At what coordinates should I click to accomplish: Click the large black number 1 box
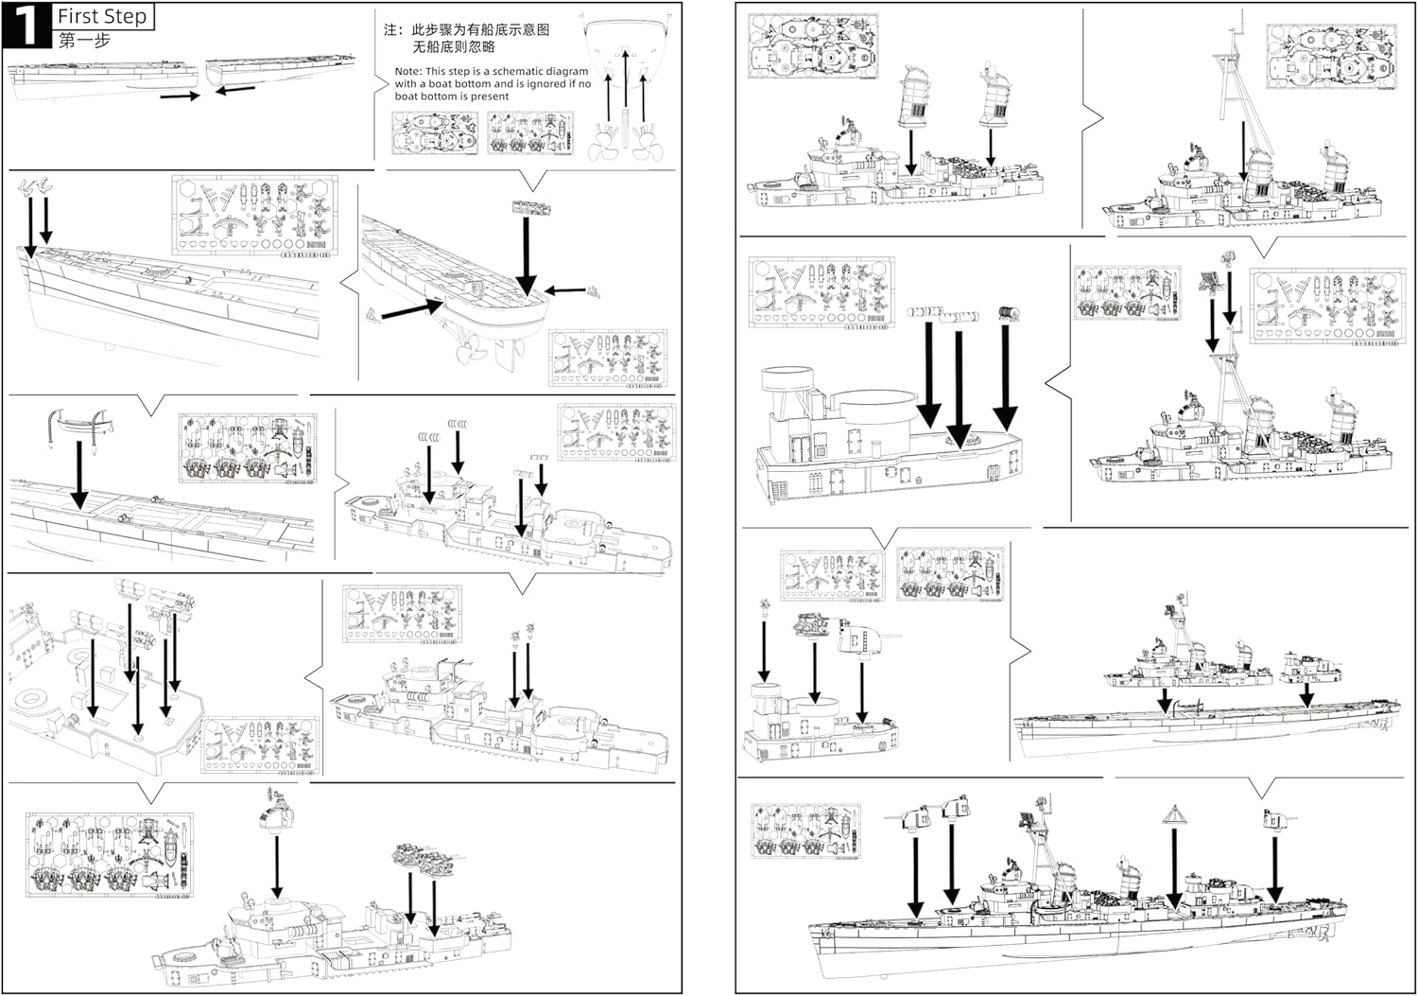coord(26,25)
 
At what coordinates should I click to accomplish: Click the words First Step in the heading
coord(102,16)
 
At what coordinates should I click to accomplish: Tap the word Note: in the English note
coord(407,71)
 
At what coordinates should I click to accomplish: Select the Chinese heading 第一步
coord(84,41)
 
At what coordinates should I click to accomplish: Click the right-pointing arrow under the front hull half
coord(179,96)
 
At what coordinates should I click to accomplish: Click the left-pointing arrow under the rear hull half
coord(235,90)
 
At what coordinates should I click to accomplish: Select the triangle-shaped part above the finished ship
coord(1174,814)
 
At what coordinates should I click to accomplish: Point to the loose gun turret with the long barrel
coord(864,638)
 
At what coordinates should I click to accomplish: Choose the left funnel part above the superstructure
coord(916,96)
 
